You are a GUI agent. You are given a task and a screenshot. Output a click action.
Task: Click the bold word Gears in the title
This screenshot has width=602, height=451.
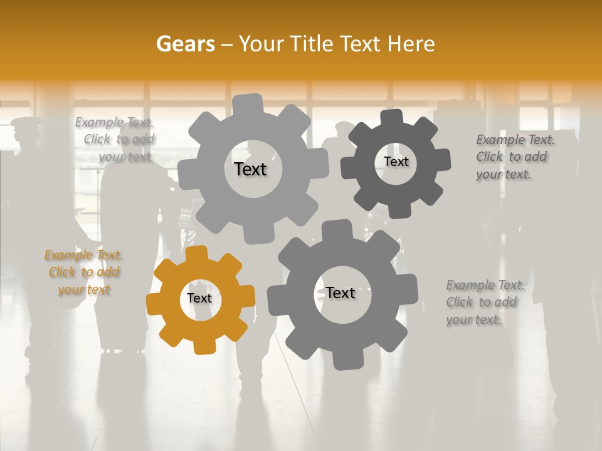point(185,44)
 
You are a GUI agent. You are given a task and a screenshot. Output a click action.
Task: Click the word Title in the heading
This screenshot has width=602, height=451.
point(314,44)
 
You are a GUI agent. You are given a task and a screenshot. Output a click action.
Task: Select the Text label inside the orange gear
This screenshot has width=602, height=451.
point(199,298)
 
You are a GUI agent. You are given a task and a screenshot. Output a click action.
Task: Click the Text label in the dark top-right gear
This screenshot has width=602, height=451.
point(396,162)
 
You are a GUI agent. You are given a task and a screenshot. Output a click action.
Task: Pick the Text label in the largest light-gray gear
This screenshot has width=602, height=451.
point(250,169)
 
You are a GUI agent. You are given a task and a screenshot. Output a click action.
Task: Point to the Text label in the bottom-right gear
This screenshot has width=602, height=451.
point(341,293)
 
